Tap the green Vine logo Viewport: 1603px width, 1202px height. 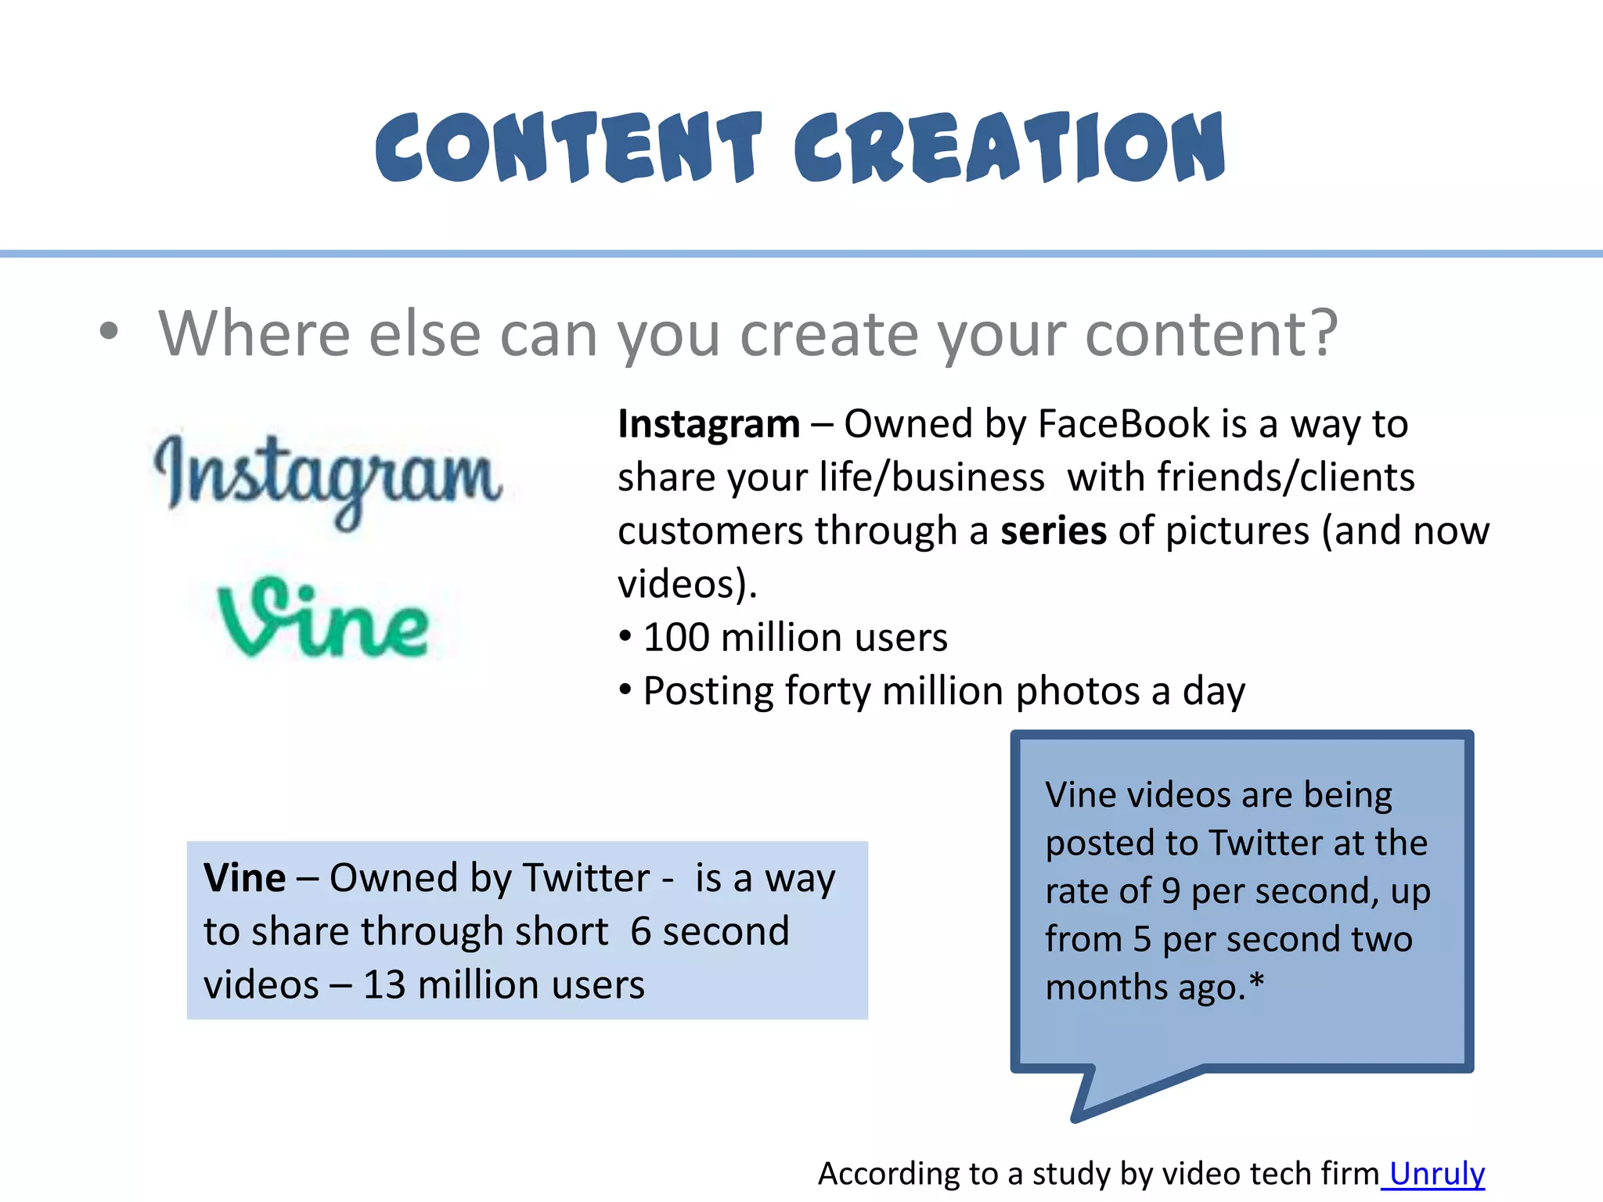[323, 618]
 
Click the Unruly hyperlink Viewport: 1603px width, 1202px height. [1436, 1173]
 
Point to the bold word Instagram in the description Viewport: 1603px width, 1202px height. [708, 424]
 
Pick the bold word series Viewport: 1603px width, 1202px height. [1054, 531]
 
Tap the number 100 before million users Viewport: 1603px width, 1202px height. [676, 637]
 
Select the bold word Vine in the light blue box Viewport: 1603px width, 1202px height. [244, 878]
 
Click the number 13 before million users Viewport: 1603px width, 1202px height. [384, 984]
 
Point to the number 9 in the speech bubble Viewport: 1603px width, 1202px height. [1170, 891]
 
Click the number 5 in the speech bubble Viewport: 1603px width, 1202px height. [1142, 939]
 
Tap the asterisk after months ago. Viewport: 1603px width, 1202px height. [1257, 982]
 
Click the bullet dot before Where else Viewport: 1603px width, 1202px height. [109, 331]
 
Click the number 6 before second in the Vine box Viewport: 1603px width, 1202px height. [641, 931]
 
